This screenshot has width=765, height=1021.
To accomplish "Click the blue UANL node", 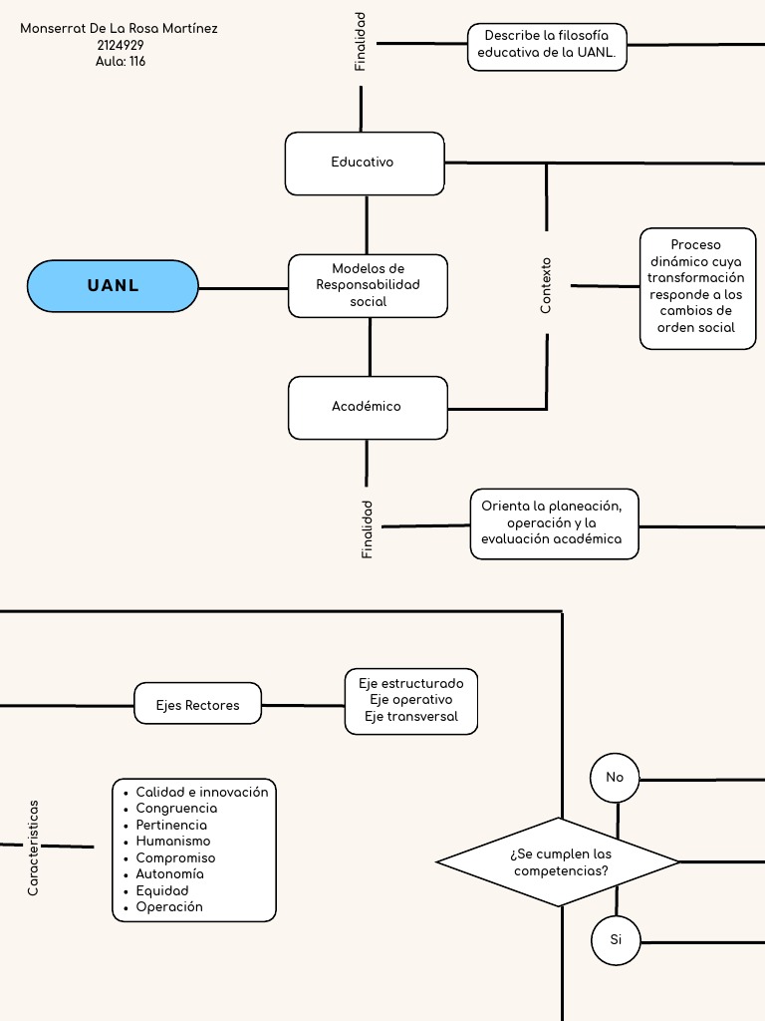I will click(113, 286).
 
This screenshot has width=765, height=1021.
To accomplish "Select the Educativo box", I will click(365, 163).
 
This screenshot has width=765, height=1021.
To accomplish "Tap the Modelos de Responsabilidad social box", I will click(368, 285).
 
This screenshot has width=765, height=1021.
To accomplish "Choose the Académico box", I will click(368, 407).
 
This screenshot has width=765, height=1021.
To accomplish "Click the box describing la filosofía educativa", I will click(547, 47).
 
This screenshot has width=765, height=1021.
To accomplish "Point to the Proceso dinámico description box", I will click(697, 287).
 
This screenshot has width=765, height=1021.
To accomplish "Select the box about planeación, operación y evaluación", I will click(553, 523).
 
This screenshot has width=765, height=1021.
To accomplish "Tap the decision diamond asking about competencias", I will click(558, 862).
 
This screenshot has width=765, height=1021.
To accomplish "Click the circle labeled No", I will click(615, 778).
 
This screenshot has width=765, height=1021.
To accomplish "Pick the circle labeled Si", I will click(615, 940).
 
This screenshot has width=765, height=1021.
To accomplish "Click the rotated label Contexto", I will click(546, 286).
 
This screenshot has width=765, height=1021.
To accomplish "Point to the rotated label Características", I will click(33, 847).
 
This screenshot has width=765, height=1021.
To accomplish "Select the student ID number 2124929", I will click(121, 45).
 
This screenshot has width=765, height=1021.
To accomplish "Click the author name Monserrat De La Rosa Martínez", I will click(119, 29).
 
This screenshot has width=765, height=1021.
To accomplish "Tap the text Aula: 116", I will click(121, 61).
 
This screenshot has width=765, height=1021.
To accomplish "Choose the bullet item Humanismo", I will click(173, 841).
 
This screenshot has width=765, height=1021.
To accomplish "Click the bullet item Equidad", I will click(162, 890).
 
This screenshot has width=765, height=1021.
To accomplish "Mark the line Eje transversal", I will click(410, 716).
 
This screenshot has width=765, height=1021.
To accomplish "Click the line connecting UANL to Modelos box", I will click(243, 288).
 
